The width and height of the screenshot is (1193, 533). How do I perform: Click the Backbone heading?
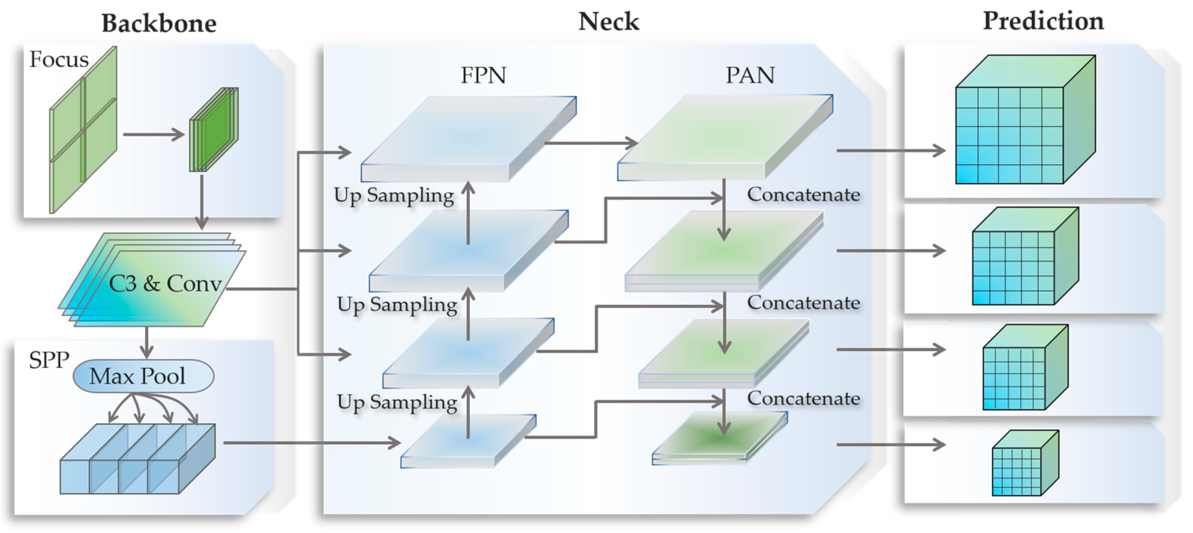159,23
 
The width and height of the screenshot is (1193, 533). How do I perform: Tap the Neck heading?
609,21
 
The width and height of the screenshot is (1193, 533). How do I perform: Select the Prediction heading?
1043,21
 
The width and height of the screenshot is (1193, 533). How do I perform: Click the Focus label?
59,59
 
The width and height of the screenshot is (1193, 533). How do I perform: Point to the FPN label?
483,75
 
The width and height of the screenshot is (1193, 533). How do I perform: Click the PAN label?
750,75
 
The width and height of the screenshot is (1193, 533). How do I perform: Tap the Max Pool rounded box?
143,376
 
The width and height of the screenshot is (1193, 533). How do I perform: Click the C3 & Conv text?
165,283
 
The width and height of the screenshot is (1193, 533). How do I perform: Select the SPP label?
49,360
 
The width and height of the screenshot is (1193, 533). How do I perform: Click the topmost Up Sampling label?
394,195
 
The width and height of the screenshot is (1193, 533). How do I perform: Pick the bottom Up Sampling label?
397,402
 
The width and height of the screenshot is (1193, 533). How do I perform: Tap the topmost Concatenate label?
803,194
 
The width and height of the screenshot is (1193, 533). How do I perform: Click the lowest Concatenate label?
803,398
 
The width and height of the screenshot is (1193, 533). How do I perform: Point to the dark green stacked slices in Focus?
214,129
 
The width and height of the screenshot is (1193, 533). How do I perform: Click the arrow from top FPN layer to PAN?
591,143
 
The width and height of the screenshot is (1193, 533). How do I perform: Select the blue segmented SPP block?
137,458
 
